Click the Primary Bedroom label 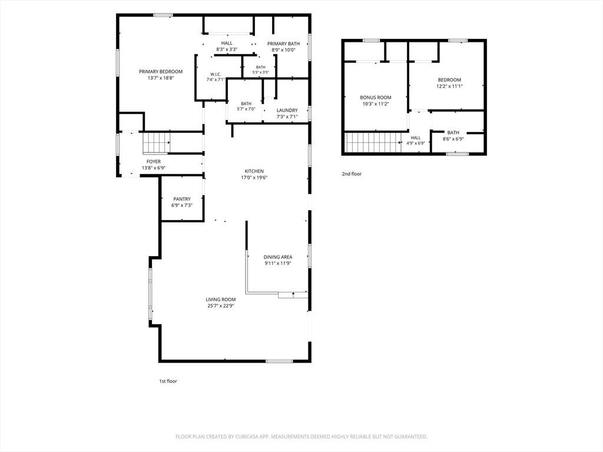tap(161, 71)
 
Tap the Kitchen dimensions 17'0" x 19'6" tap(254, 178)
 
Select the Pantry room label tap(182, 199)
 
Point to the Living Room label tap(221, 300)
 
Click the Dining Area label tap(278, 257)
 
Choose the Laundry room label tap(287, 110)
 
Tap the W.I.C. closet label tap(216, 74)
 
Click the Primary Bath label tap(283, 44)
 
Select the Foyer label tap(154, 162)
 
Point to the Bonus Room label tap(376, 98)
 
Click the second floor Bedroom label tap(449, 80)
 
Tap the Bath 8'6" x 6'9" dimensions tap(453, 139)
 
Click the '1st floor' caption tap(168, 381)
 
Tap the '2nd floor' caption tap(352, 174)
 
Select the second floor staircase tap(373, 142)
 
